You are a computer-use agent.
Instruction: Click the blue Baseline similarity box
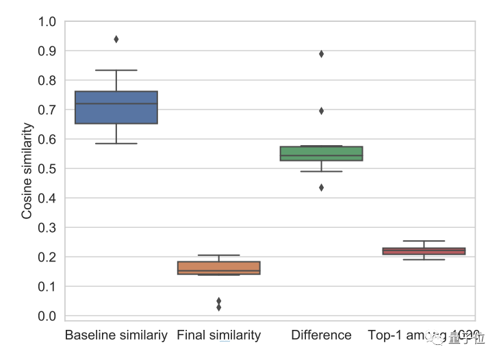click(x=116, y=107)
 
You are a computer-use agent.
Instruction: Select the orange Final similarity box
click(x=219, y=268)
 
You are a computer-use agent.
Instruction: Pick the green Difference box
click(x=322, y=153)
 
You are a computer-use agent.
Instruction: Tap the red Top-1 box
click(x=424, y=251)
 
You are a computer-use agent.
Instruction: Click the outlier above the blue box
click(x=116, y=39)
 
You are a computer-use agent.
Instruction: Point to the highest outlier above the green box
click(x=322, y=54)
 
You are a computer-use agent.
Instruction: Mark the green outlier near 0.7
click(x=322, y=111)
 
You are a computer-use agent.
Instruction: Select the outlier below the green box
click(x=322, y=188)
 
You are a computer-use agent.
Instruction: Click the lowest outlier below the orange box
click(x=219, y=308)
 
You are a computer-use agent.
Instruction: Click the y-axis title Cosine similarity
click(x=27, y=170)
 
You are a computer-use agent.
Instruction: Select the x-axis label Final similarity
click(x=219, y=335)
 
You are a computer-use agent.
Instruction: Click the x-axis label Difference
click(x=322, y=335)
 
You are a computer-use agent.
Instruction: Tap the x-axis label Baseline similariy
click(x=116, y=335)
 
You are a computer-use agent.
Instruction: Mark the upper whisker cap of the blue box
click(x=116, y=70)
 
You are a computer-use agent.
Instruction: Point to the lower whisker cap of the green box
click(x=322, y=171)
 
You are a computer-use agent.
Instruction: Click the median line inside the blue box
click(x=116, y=104)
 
